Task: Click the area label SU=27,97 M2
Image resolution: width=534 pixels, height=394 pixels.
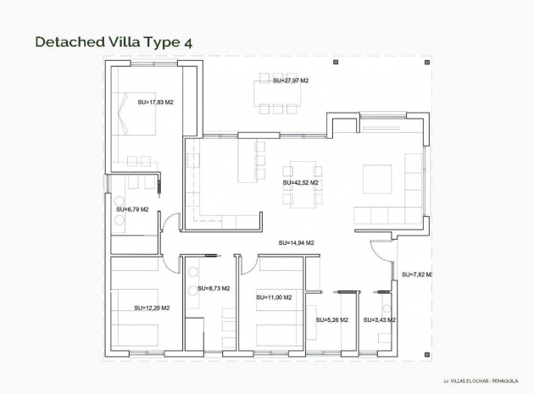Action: [x=291, y=80]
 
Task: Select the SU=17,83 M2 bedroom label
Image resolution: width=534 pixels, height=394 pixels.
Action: [x=155, y=102]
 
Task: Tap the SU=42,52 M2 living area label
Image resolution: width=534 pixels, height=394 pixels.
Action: [x=300, y=182]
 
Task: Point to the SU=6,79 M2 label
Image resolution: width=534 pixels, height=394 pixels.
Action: [x=132, y=208]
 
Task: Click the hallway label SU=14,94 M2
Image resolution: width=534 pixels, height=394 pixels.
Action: [x=296, y=243]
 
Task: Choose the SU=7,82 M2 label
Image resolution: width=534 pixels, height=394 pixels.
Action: [x=417, y=275]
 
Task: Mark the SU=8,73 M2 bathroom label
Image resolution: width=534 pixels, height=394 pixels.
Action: [x=214, y=289]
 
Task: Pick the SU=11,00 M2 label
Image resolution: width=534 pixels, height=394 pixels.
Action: [x=274, y=297]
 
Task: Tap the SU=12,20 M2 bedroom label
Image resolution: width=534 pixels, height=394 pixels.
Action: [x=152, y=308]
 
